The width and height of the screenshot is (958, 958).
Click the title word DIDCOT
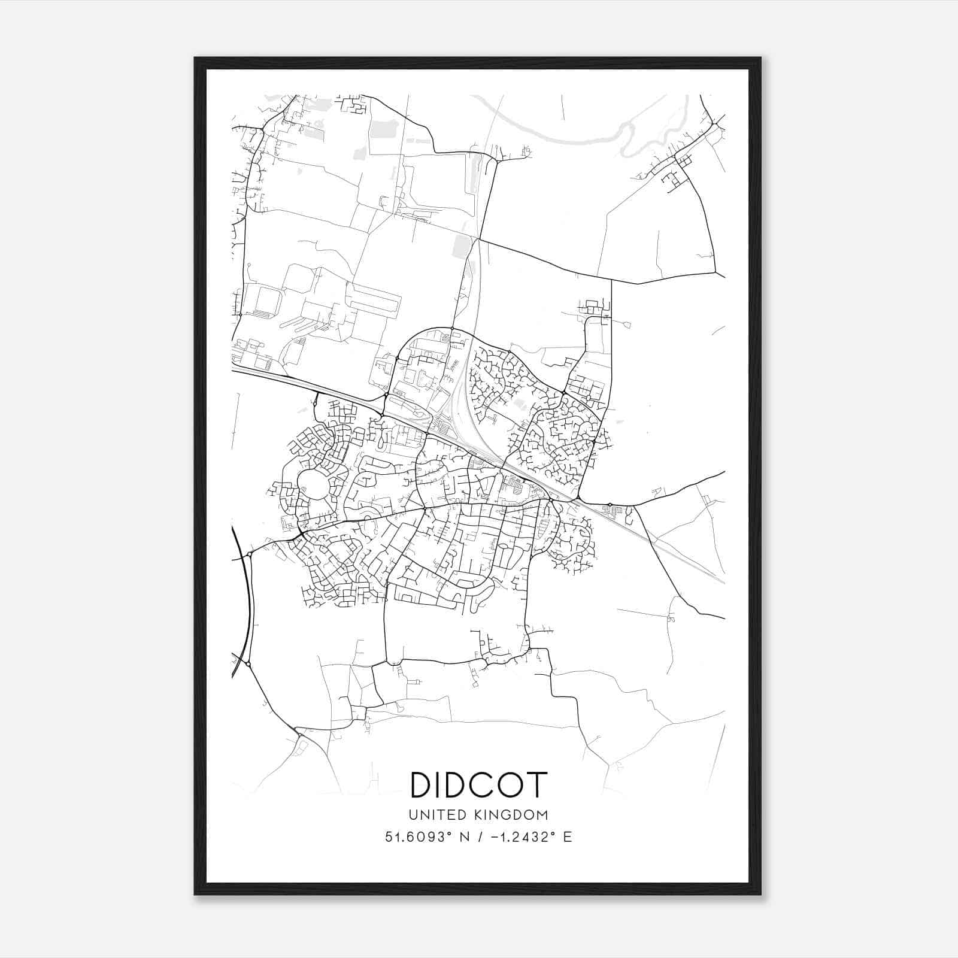click(x=478, y=784)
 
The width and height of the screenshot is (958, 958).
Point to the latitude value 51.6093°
click(x=418, y=837)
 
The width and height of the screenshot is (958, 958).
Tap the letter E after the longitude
click(x=567, y=837)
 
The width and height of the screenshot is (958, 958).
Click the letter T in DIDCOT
click(x=537, y=784)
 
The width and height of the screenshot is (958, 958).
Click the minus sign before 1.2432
click(x=495, y=837)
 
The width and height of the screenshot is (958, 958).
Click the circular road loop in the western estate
click(x=313, y=485)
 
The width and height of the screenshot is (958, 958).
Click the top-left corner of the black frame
click(x=195, y=58)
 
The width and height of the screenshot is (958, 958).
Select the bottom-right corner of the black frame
click(x=760, y=894)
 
